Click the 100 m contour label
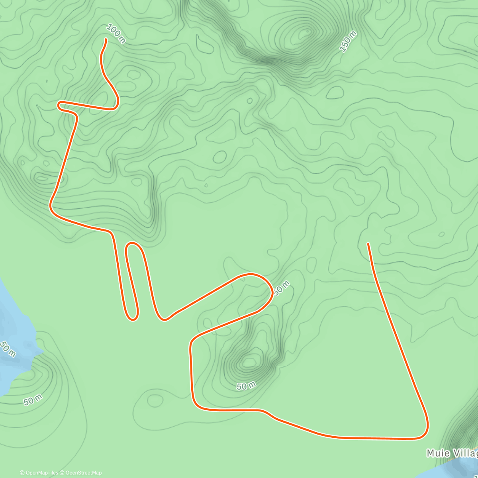(x=116, y=34)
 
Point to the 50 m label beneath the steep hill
(x=246, y=386)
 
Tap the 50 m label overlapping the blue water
(x=7, y=349)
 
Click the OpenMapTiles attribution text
(x=39, y=473)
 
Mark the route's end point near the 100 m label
(x=106, y=39)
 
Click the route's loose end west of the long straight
(x=368, y=243)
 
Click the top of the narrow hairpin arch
(x=133, y=243)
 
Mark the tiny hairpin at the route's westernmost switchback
(x=59, y=105)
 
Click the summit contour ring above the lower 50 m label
(x=249, y=362)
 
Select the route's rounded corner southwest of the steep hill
(x=195, y=404)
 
